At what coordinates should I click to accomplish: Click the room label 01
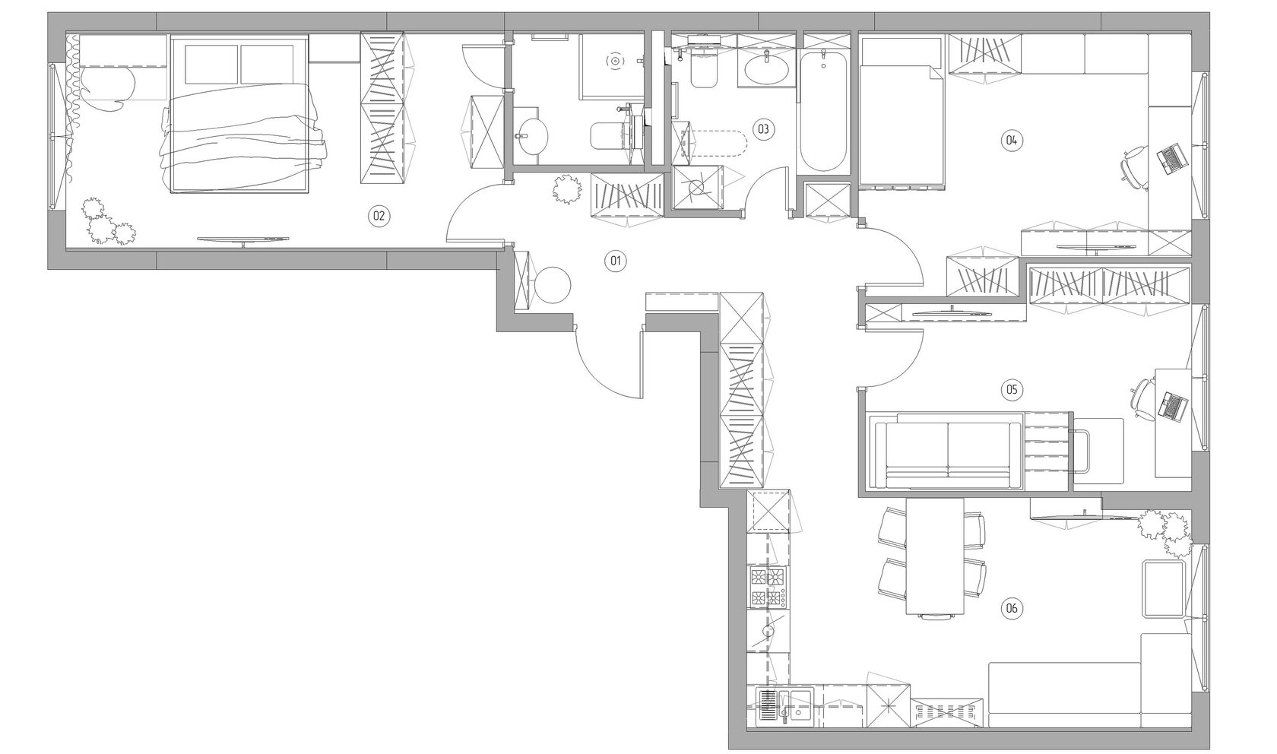pos(615,261)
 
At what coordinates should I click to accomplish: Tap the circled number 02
pos(379,216)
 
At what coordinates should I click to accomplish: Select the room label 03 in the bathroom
pos(763,129)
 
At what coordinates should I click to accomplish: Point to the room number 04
pos(1011,140)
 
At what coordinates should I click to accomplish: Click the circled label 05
pos(1011,390)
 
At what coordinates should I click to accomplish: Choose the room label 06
pos(1011,608)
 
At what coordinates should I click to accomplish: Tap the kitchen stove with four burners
pos(768,588)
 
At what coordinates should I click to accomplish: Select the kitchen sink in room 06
pos(781,707)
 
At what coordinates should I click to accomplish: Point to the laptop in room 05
pos(1173,407)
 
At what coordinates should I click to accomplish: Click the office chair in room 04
pos(1134,166)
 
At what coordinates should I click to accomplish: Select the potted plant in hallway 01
pos(567,189)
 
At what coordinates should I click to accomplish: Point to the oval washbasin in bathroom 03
pos(767,69)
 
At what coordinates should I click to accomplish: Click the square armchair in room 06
pos(1164,589)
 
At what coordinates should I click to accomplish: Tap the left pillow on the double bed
pos(211,65)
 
